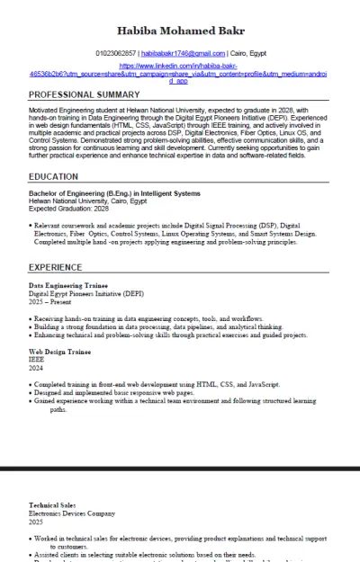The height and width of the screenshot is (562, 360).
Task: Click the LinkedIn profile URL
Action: pyautogui.click(x=180, y=73)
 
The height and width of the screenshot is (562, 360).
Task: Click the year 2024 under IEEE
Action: pyautogui.click(x=36, y=367)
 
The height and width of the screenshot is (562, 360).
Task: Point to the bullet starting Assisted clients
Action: pyautogui.click(x=144, y=555)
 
